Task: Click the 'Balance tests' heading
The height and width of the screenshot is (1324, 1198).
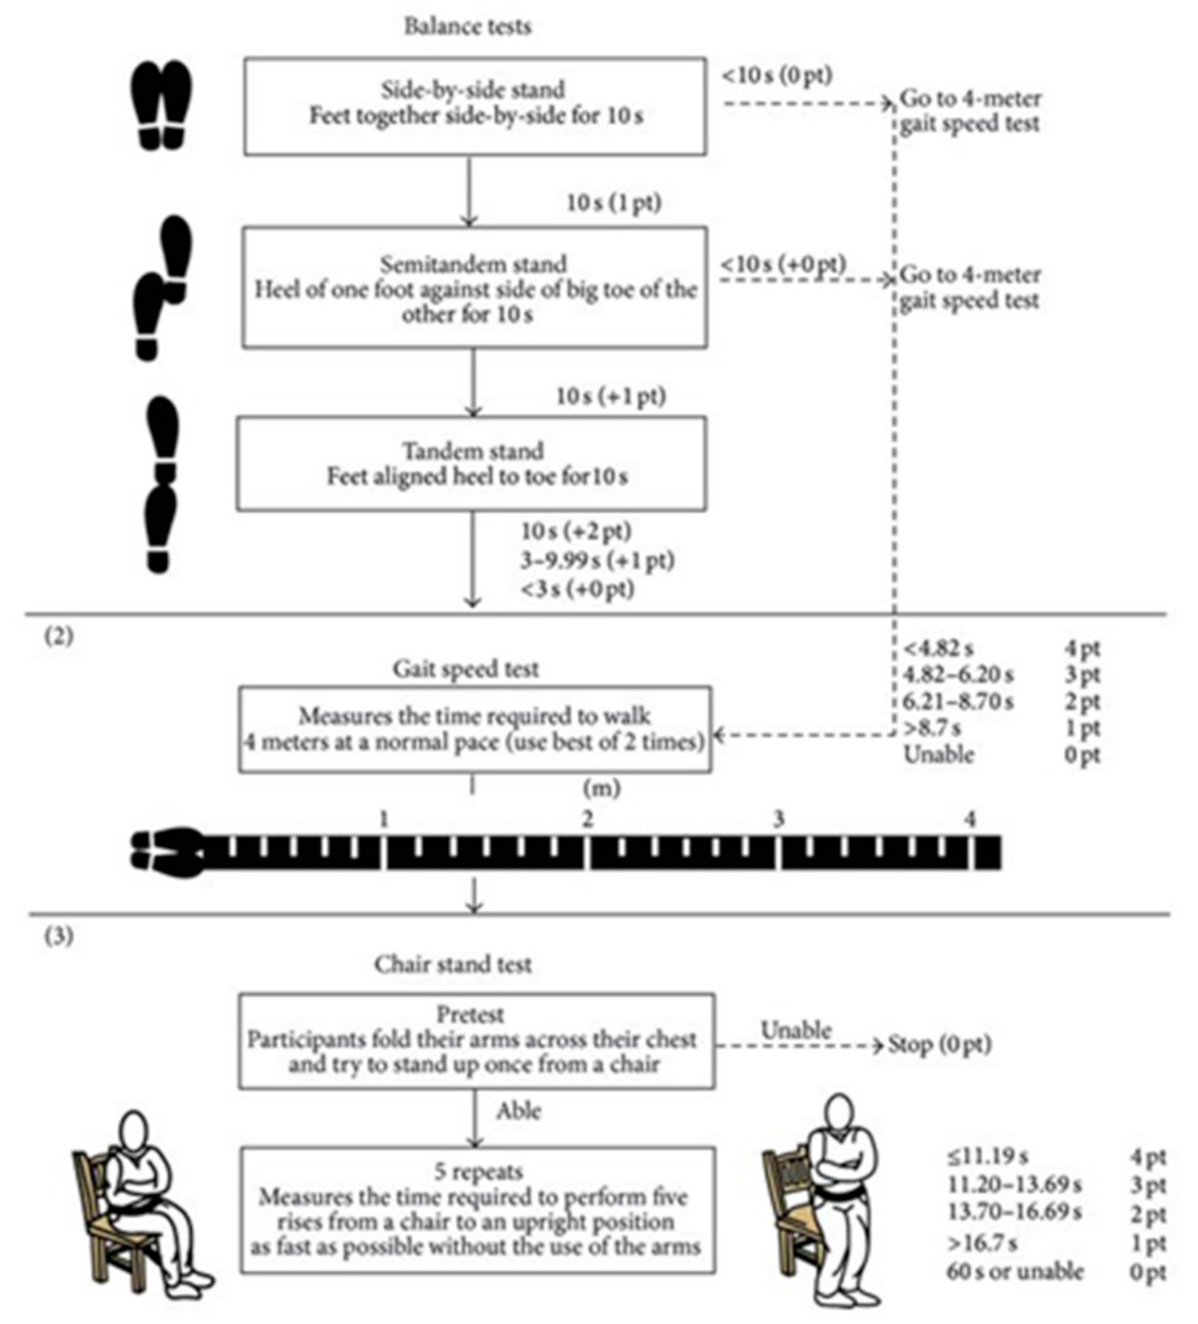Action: [x=468, y=26]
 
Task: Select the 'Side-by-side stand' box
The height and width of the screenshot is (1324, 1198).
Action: [x=474, y=105]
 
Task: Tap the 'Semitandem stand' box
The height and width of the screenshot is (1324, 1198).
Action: [x=474, y=288]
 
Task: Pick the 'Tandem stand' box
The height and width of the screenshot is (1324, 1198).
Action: [x=471, y=463]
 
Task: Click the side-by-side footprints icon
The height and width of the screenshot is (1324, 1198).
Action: [x=161, y=104]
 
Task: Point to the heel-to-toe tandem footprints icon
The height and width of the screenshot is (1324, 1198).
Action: [x=162, y=485]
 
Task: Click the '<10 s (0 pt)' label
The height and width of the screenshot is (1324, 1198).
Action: [x=776, y=75]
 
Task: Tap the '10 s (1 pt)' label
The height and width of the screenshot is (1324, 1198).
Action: [x=613, y=202]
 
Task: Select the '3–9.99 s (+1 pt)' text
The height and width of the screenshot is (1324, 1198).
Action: [x=597, y=561]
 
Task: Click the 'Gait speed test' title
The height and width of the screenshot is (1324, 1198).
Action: [x=466, y=669]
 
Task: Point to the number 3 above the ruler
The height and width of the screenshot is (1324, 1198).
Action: [x=779, y=818]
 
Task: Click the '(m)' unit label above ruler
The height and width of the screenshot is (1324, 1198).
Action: [x=601, y=788]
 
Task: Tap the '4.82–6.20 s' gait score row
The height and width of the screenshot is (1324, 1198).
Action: [x=958, y=674]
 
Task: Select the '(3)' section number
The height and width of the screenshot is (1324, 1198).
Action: [x=59, y=936]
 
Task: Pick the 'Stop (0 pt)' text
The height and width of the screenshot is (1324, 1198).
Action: [x=940, y=1044]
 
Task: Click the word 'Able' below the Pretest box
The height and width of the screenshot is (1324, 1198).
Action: [x=519, y=1110]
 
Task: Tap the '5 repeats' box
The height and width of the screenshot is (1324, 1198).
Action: [x=477, y=1210]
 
